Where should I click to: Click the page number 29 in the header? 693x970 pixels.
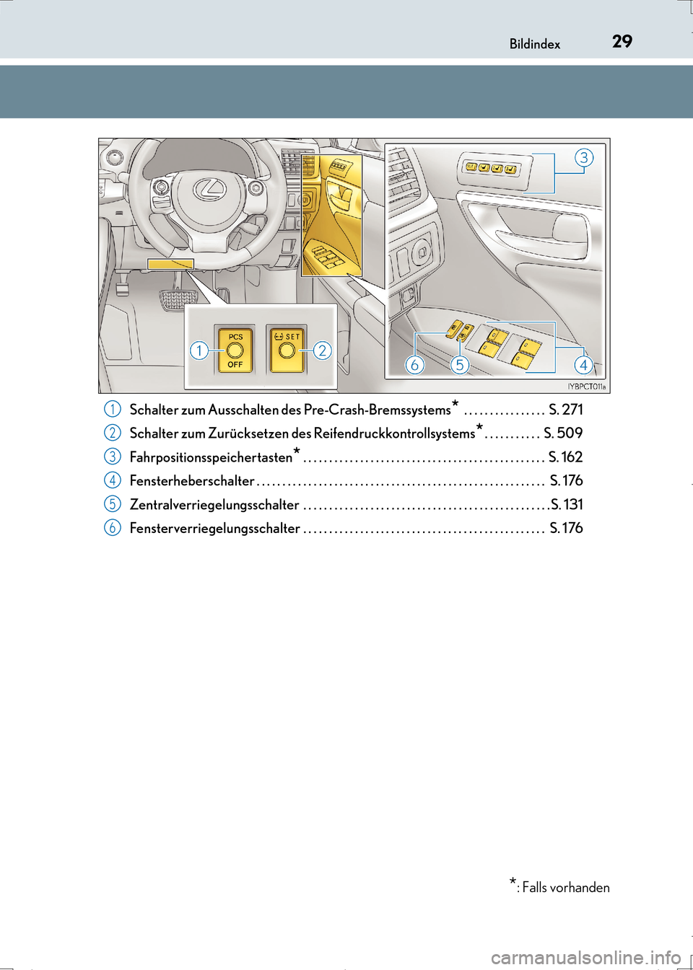pyautogui.click(x=622, y=41)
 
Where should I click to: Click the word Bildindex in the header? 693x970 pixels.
pyautogui.click(x=534, y=44)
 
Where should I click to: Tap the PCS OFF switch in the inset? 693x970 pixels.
pyautogui.click(x=235, y=350)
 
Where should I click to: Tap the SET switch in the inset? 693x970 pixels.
pyautogui.click(x=287, y=350)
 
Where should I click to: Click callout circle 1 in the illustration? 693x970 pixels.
pyautogui.click(x=199, y=350)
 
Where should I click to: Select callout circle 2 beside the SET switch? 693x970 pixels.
pyautogui.click(x=322, y=350)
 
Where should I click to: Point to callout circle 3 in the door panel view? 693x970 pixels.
pyautogui.click(x=583, y=157)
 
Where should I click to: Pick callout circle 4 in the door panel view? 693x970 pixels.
pyautogui.click(x=583, y=365)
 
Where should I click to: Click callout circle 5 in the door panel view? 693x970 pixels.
pyautogui.click(x=459, y=365)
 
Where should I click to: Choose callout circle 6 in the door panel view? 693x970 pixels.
pyautogui.click(x=414, y=365)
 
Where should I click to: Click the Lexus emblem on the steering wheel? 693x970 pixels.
pyautogui.click(x=209, y=189)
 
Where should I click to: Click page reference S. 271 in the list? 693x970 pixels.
pyautogui.click(x=565, y=410)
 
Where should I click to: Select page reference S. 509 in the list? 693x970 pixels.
pyautogui.click(x=563, y=433)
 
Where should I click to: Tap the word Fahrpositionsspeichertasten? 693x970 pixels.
pyautogui.click(x=211, y=457)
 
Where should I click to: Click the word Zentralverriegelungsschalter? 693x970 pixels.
pyautogui.click(x=214, y=505)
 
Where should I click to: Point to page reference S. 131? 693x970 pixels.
pyautogui.click(x=567, y=505)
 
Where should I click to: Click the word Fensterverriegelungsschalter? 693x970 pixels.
pyautogui.click(x=214, y=529)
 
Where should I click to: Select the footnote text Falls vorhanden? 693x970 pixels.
pyautogui.click(x=565, y=888)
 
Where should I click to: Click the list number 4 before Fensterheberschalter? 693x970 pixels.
pyautogui.click(x=112, y=480)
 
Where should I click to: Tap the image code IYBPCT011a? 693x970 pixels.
pyautogui.click(x=586, y=387)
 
